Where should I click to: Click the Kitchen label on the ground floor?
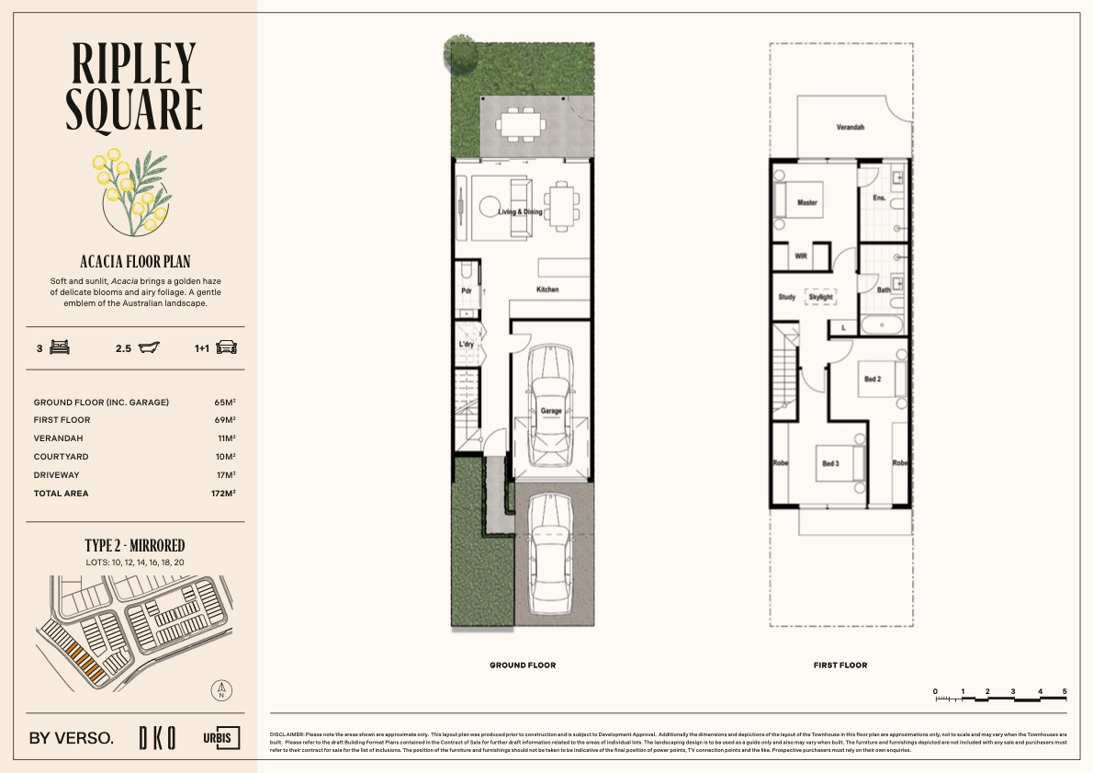(547, 290)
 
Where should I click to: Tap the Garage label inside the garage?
(550, 411)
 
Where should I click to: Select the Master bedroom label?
(807, 202)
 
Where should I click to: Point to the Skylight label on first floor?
(820, 297)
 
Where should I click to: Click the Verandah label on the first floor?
(851, 128)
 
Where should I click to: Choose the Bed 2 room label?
(872, 379)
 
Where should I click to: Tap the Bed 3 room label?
(829, 464)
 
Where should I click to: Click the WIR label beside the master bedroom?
(800, 257)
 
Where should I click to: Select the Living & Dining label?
(520, 211)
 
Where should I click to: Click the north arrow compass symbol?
(220, 690)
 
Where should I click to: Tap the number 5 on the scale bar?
(1065, 690)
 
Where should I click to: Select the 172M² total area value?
(222, 494)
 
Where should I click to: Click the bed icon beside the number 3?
(61, 348)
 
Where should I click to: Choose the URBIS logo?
(221, 737)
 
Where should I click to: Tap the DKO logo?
(157, 737)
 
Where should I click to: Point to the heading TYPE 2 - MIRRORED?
(135, 546)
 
